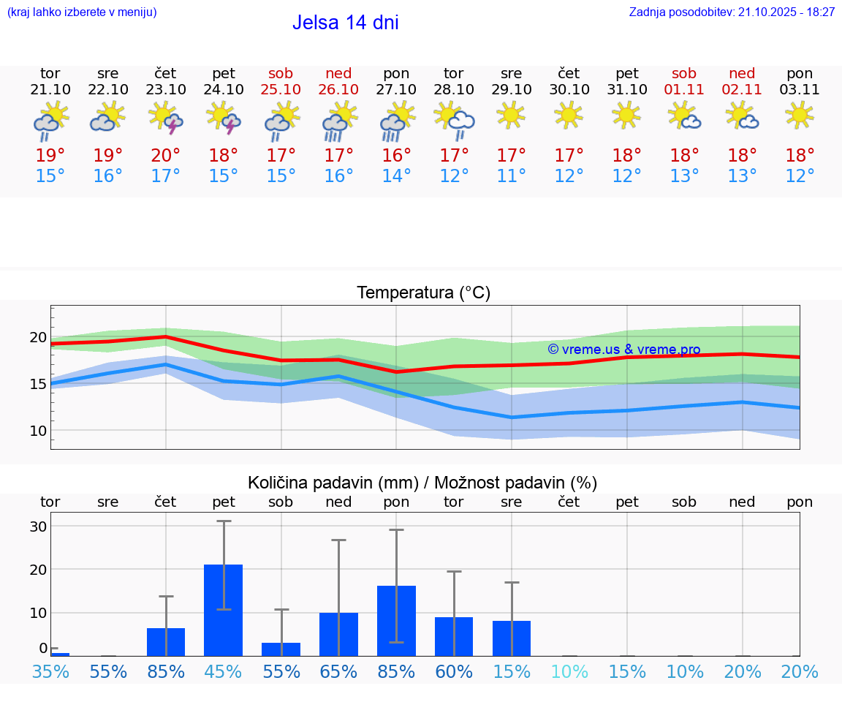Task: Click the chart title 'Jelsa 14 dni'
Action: point(345,23)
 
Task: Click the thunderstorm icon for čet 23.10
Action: point(165,118)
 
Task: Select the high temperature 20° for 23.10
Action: point(165,156)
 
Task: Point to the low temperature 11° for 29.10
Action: point(511,176)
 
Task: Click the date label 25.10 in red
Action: point(281,90)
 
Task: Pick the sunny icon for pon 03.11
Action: point(800,115)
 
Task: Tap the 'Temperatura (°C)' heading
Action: point(423,293)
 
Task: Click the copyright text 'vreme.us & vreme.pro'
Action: point(623,350)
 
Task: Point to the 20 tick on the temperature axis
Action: point(38,337)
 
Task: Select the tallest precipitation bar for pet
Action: point(223,610)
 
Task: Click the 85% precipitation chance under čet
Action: point(166,671)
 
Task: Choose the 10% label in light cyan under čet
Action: point(569,671)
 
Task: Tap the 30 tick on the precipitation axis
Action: point(38,527)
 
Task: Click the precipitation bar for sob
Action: point(281,649)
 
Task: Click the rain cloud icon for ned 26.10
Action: point(338,120)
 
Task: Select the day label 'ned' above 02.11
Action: point(742,74)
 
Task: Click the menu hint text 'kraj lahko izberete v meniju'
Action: point(81,12)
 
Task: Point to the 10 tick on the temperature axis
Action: point(38,431)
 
